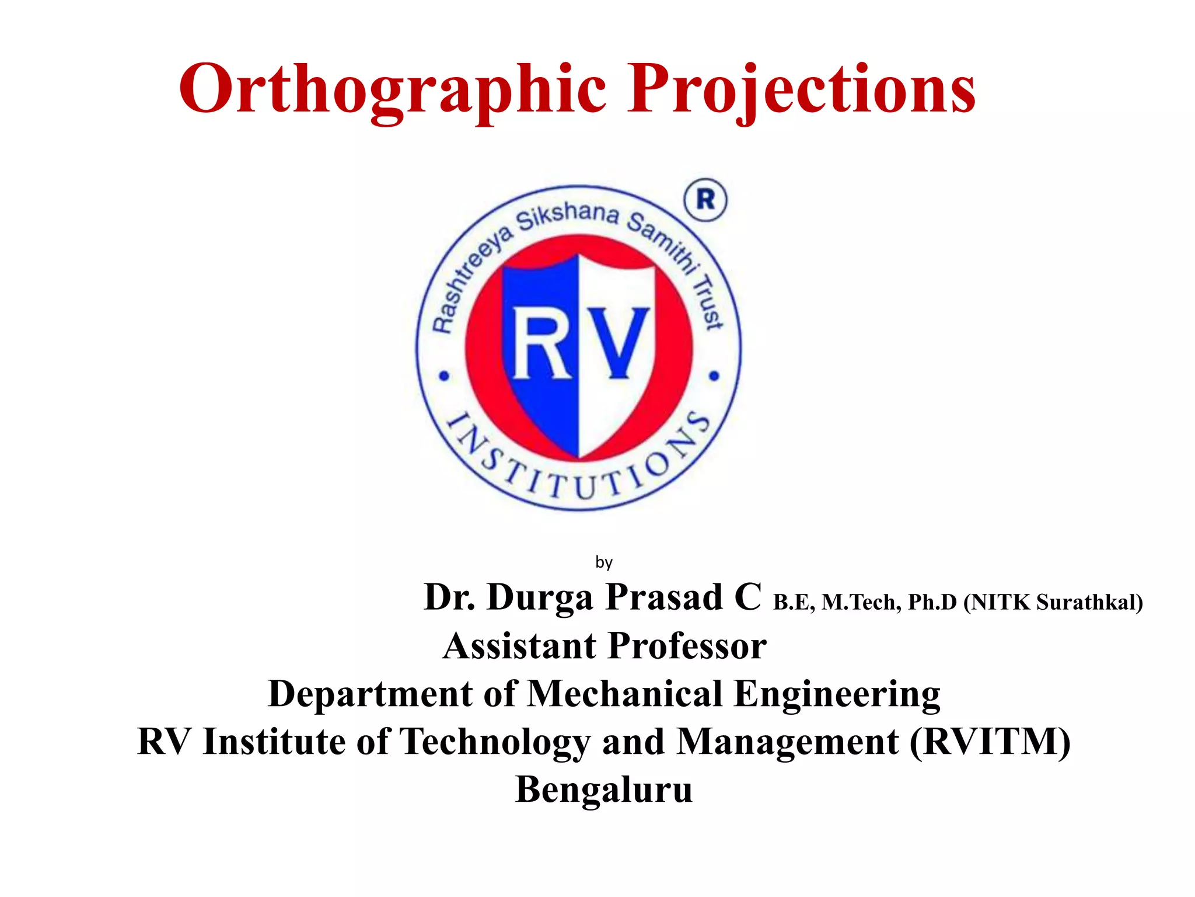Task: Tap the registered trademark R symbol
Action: (x=705, y=200)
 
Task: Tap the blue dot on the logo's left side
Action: (x=445, y=376)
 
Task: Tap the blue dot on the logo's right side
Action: (x=714, y=376)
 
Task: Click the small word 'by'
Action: (x=604, y=562)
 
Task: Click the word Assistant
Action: (x=520, y=646)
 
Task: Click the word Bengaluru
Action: (x=604, y=790)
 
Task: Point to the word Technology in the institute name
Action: (x=495, y=742)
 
